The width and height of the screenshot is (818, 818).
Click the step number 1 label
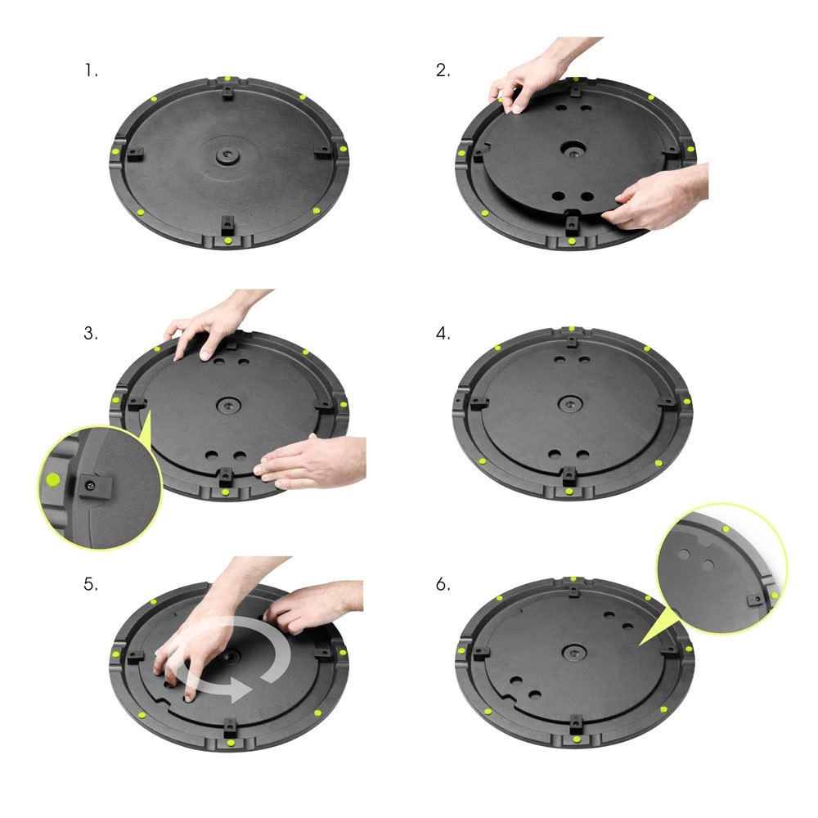pyautogui.click(x=91, y=70)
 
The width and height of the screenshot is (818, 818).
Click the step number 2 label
pyautogui.click(x=443, y=70)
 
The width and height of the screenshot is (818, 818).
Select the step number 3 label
pyautogui.click(x=91, y=334)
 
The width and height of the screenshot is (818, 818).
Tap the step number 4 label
pyautogui.click(x=443, y=334)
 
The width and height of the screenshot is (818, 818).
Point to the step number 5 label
pyautogui.click(x=91, y=585)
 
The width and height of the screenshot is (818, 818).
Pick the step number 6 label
pyautogui.click(x=443, y=585)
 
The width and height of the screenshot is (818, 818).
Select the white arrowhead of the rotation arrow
pyautogui.click(x=237, y=689)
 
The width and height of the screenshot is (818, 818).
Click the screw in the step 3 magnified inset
pyautogui.click(x=92, y=485)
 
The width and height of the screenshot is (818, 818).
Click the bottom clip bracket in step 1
pyautogui.click(x=227, y=223)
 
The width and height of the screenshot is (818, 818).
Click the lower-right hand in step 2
pyautogui.click(x=663, y=196)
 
